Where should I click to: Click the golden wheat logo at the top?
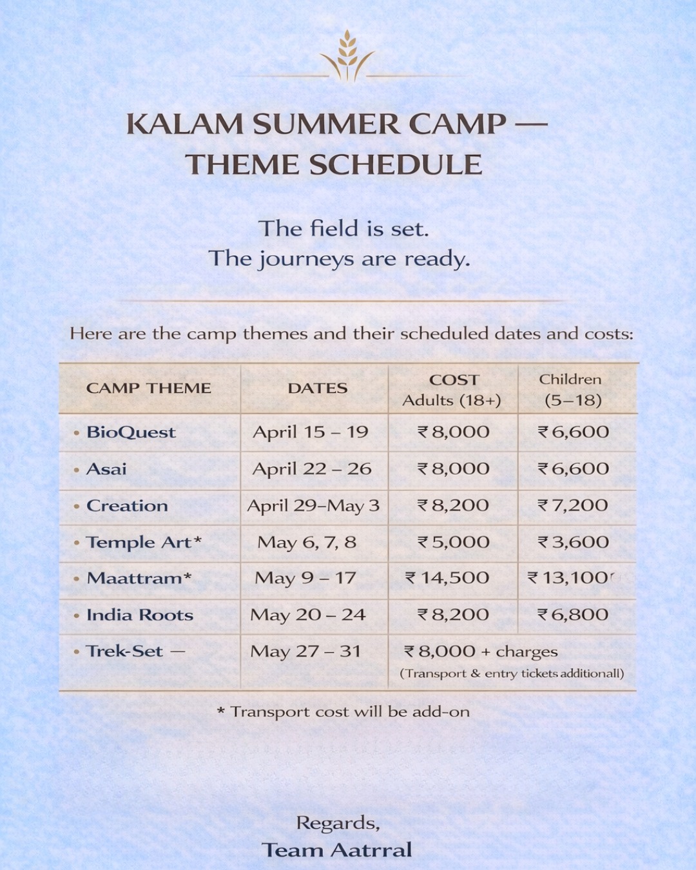coord(347,56)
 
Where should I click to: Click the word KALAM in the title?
coord(184,124)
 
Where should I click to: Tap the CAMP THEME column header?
coord(149,388)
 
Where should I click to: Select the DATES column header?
coord(317,388)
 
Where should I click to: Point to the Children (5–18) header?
coord(572,390)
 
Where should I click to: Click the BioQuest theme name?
coord(131,432)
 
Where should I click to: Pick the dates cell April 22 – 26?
coord(312,469)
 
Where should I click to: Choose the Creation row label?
coord(127,506)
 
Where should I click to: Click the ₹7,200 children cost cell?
coord(573,505)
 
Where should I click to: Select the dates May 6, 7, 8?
coord(307,542)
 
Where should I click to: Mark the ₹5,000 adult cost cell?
coord(454,542)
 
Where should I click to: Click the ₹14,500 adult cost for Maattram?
coord(447,578)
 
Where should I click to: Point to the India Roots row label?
coord(140,615)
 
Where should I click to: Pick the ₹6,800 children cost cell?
coord(573,615)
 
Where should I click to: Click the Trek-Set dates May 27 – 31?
coord(305,652)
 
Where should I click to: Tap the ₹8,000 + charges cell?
coord(481,652)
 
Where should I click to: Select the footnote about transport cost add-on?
coord(343,711)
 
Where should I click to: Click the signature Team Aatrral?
coord(336,850)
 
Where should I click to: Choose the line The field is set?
coord(343,229)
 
